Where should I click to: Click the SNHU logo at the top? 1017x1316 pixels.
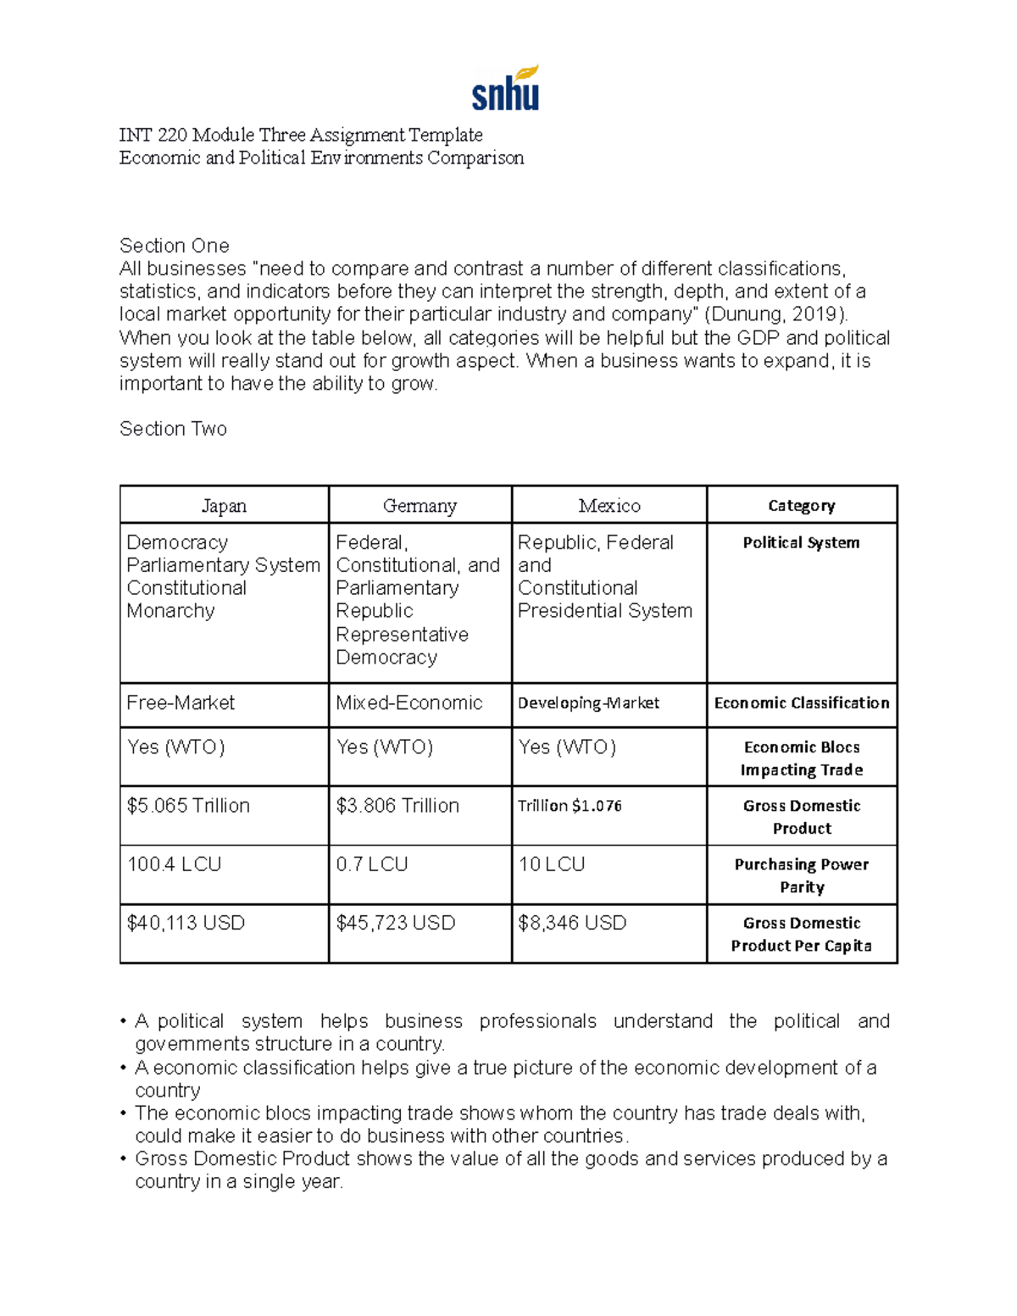point(506,88)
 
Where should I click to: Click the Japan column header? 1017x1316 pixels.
point(224,506)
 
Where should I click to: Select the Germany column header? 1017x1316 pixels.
point(420,506)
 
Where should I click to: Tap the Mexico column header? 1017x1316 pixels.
point(609,506)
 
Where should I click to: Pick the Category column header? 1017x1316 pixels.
point(801,506)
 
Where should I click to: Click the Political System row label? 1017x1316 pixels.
point(801,543)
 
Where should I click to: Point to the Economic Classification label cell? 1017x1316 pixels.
point(801,703)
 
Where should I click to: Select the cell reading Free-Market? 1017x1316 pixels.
point(181,703)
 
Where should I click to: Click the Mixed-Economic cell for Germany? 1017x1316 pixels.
point(409,703)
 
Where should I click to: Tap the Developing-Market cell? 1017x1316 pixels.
point(588,703)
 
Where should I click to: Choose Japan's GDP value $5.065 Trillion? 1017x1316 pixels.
point(188,806)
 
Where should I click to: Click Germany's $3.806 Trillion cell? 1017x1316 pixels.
point(397,806)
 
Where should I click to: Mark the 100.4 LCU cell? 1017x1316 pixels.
point(174,864)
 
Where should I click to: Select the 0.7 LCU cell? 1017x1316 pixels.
point(372,864)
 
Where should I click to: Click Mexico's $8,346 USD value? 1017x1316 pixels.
point(572,923)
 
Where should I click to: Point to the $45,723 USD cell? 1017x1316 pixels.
point(396,923)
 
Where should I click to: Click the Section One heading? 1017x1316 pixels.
point(175,246)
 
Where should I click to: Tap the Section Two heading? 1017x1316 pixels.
point(173,429)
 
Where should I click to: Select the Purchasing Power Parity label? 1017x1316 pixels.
point(801,875)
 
